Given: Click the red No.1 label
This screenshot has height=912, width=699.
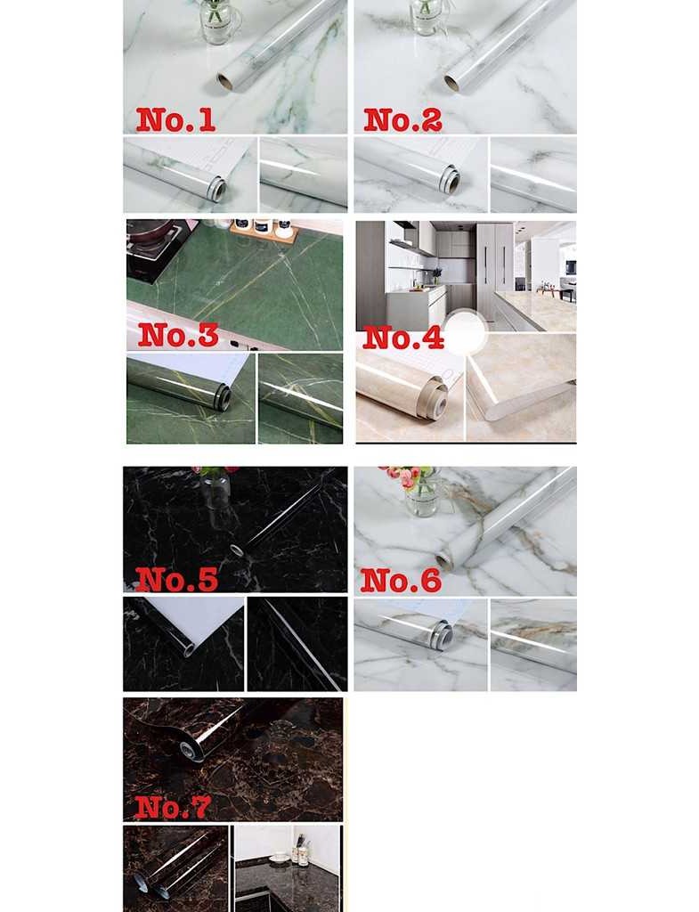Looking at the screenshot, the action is [x=175, y=120].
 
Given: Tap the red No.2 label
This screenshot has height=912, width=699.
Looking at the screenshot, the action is [x=402, y=120].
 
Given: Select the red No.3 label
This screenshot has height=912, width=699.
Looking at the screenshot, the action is [x=178, y=335].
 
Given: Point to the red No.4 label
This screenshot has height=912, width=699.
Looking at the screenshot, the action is [x=403, y=338].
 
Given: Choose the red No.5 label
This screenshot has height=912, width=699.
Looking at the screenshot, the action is [x=177, y=579].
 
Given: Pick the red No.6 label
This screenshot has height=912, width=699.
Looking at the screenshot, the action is [x=402, y=580].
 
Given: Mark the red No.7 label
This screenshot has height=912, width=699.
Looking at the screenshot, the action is [x=172, y=807].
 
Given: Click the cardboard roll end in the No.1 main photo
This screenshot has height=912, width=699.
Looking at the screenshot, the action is [x=224, y=81].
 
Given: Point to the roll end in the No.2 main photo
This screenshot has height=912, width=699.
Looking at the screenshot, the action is [x=451, y=83].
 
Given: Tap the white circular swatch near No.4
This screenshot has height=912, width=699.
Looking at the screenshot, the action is [x=464, y=330].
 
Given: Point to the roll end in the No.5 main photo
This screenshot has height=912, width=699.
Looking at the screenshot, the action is [x=235, y=550].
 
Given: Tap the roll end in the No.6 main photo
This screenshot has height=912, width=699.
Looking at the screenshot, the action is [x=445, y=561].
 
